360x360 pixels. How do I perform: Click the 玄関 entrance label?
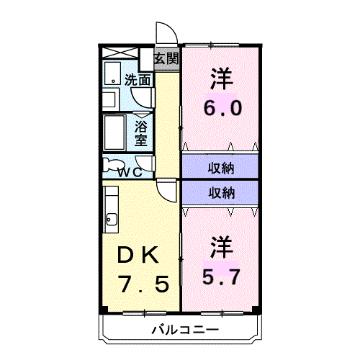click(x=166, y=58)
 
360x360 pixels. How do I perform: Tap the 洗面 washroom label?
click(x=138, y=80)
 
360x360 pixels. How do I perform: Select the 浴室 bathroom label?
click(x=141, y=133)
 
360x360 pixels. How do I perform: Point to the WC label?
click(x=130, y=172)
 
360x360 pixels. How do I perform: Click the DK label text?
click(x=138, y=255)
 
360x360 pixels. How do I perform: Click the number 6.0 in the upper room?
click(x=222, y=108)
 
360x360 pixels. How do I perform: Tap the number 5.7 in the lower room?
click(x=221, y=276)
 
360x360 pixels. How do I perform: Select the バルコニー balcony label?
click(x=185, y=330)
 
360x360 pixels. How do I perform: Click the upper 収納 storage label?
click(x=221, y=168)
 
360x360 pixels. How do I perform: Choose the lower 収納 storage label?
click(x=221, y=193)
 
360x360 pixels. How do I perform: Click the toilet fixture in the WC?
click(x=113, y=166)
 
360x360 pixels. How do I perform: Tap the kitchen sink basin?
click(x=112, y=219)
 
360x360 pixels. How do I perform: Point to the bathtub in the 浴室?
click(x=114, y=132)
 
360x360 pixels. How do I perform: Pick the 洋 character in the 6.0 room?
click(x=222, y=79)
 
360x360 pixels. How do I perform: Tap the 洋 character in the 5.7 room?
click(x=222, y=248)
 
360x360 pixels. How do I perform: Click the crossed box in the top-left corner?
click(x=120, y=53)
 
